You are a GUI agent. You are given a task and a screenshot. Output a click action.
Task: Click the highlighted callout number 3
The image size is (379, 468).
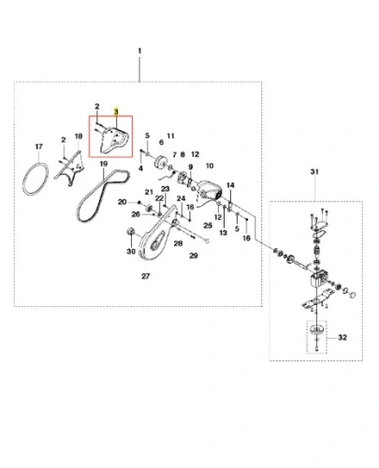[x=116, y=111]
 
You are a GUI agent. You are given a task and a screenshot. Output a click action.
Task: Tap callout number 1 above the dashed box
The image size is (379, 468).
[x=139, y=51]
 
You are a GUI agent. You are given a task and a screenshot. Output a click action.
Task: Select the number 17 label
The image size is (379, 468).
[x=39, y=146]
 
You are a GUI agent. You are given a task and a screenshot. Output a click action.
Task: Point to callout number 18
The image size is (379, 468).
[x=79, y=136]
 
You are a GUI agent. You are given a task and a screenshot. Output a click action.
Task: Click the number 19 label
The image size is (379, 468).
[x=104, y=164]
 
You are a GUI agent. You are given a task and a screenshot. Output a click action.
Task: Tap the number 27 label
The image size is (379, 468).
[x=146, y=276]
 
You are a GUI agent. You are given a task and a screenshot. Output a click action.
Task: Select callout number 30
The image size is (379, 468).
[x=131, y=251]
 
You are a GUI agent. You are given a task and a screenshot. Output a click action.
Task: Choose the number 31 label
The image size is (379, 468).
[x=314, y=171]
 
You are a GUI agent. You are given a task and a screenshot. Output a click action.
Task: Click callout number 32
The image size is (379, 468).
[x=343, y=337]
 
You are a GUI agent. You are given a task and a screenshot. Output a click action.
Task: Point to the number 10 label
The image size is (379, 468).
[x=210, y=166]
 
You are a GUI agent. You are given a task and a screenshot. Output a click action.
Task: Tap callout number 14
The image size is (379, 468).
[x=230, y=185]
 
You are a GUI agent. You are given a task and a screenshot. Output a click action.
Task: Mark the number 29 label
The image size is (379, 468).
[x=194, y=256]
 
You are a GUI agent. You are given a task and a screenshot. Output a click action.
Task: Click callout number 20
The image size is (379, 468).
[x=122, y=202]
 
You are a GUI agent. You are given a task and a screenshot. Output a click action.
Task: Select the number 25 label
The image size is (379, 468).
[x=208, y=226]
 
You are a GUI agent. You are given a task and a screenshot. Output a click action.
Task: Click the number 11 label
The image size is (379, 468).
[x=170, y=136]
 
